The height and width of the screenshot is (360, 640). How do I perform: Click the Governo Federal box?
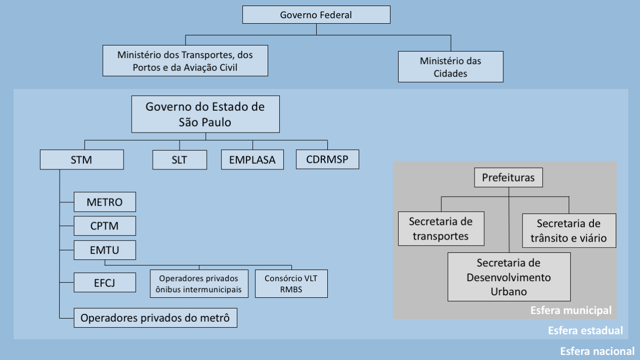click(x=316, y=15)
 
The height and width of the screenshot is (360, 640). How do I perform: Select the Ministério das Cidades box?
click(x=450, y=67)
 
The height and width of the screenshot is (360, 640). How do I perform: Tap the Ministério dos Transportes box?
click(x=185, y=60)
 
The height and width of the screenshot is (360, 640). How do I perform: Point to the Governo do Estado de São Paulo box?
click(x=205, y=114)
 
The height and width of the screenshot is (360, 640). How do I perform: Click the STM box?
click(x=82, y=160)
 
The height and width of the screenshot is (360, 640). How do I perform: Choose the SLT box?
click(x=180, y=160)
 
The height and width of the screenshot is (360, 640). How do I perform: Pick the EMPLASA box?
click(x=252, y=160)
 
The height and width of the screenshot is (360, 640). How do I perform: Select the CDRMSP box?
click(x=327, y=159)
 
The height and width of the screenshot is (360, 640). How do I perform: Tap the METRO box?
click(x=105, y=202)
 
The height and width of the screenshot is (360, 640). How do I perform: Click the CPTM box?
click(x=105, y=226)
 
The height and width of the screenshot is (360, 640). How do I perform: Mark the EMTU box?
click(x=105, y=250)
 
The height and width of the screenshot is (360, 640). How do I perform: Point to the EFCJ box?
click(x=105, y=282)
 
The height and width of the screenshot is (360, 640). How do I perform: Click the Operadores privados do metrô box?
click(x=155, y=318)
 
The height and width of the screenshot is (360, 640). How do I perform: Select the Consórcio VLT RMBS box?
click(x=291, y=284)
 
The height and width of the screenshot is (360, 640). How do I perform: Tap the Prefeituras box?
click(x=508, y=178)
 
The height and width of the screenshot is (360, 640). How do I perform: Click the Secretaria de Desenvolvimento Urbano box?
click(x=509, y=277)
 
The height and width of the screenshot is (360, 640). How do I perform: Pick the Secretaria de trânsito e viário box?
click(x=569, y=231)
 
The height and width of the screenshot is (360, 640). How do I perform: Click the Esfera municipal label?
click(x=571, y=310)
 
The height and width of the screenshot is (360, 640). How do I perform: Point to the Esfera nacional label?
click(x=597, y=351)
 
